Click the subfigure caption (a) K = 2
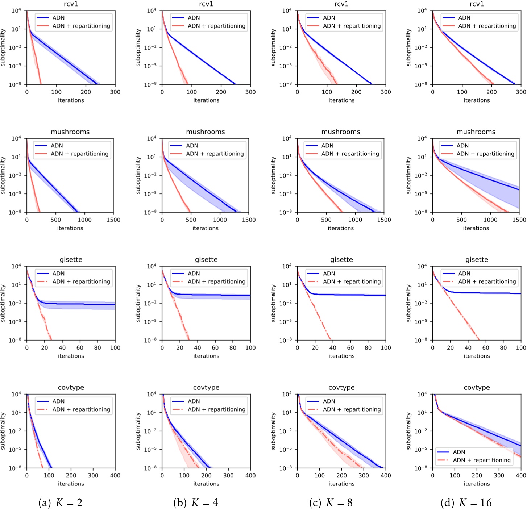coord(61,502)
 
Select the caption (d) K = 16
coord(466,502)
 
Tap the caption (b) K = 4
coord(196,502)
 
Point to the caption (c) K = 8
coord(331,502)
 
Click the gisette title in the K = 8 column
coord(341,259)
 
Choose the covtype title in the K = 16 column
coord(477,387)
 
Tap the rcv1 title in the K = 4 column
coord(206,4)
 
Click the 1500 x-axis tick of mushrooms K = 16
coord(519,220)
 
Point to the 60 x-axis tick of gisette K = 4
coord(215,347)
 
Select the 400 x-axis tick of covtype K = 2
coord(115,475)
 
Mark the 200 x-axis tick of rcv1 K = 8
coord(356,92)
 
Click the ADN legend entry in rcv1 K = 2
coord(58,18)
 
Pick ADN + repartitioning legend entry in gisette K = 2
coord(81,281)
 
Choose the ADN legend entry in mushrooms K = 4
coord(192,146)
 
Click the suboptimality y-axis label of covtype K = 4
coord(138,431)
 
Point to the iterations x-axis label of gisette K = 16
coord(477,356)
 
